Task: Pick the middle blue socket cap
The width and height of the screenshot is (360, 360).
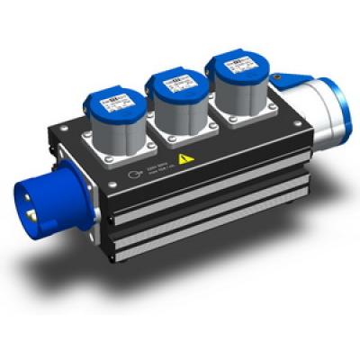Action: (172, 83)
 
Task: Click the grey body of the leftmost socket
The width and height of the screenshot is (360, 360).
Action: (112, 130)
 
